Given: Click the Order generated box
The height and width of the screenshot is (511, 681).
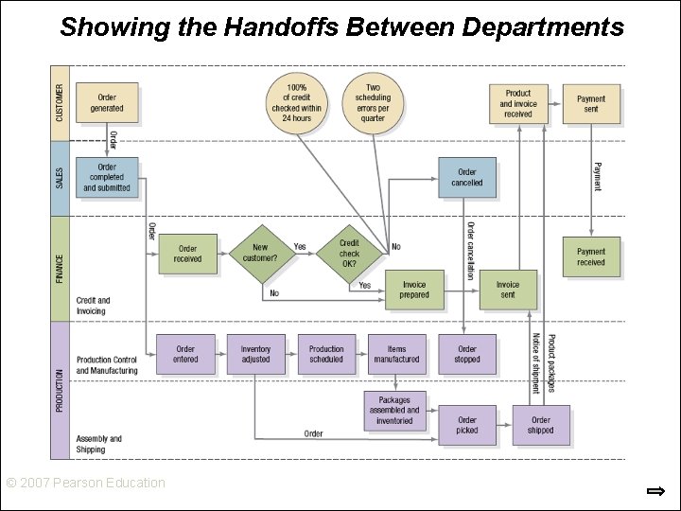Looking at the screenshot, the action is click(x=107, y=102).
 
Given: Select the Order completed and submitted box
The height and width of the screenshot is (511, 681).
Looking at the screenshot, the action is click(x=107, y=178).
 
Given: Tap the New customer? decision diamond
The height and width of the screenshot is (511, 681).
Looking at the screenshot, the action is click(x=260, y=254).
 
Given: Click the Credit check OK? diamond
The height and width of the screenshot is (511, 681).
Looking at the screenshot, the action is click(x=349, y=254).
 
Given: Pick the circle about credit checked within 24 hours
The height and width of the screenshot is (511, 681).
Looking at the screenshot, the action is click(x=296, y=103).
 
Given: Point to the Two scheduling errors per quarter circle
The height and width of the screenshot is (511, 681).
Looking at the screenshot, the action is click(x=373, y=103).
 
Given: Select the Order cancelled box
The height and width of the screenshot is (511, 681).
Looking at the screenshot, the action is click(x=466, y=178).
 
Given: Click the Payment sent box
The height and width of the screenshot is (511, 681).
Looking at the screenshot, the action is click(x=591, y=103).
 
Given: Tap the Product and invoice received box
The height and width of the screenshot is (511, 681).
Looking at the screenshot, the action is click(x=518, y=103).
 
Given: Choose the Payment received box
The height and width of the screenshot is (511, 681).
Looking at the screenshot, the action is click(x=591, y=256).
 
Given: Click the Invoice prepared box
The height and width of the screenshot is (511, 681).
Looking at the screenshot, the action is click(x=414, y=290).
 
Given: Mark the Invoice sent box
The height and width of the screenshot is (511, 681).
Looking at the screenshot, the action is click(x=508, y=290).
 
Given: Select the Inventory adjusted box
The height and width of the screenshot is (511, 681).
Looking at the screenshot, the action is click(x=255, y=354).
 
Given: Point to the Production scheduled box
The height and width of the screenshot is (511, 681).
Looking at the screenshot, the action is click(x=326, y=354).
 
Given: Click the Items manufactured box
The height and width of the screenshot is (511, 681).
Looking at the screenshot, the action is click(x=396, y=354).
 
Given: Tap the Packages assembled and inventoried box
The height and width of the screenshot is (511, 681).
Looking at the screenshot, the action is click(x=395, y=411).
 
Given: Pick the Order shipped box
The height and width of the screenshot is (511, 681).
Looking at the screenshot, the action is click(x=541, y=425).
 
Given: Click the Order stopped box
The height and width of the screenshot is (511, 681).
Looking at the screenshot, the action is click(x=467, y=354).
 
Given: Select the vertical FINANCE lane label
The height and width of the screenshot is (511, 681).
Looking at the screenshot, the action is click(x=60, y=269).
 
